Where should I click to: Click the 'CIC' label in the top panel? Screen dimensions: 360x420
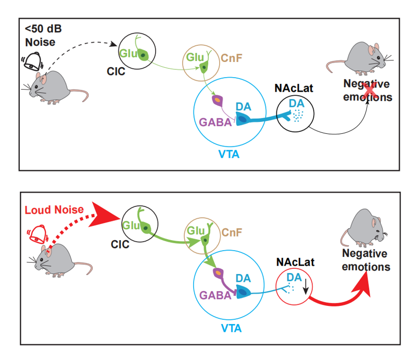pos(117,71)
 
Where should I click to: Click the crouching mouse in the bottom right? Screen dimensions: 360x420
pos(368,227)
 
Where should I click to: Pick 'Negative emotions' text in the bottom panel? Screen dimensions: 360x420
pos(365,260)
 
